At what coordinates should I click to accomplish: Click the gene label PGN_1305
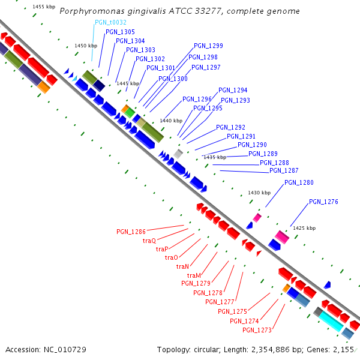(x=120, y=32)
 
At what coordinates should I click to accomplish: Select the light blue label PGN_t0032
(x=110, y=22)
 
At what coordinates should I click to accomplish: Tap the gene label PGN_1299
(x=208, y=46)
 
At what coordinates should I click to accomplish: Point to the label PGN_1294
(x=233, y=90)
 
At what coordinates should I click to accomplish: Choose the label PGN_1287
(x=284, y=170)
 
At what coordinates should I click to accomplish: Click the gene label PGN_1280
(x=299, y=182)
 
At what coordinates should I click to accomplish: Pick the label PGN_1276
(x=323, y=202)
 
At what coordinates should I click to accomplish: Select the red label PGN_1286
(x=131, y=231)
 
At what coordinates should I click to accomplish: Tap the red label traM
(x=194, y=275)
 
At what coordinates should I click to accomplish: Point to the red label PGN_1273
(x=257, y=330)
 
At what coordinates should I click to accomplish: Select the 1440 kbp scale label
(x=171, y=121)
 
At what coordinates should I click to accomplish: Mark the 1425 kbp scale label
(x=304, y=228)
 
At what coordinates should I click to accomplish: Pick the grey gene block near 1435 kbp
(x=178, y=154)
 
